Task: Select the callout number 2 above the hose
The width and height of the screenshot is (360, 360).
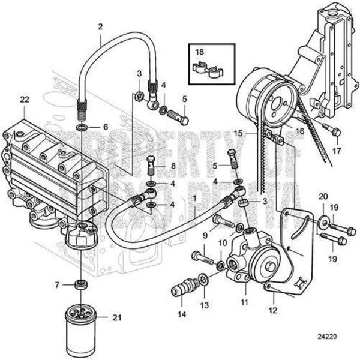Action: [x=100, y=26]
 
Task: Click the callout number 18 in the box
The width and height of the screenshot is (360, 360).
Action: [x=200, y=52]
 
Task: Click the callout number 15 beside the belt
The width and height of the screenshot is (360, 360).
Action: [x=238, y=133]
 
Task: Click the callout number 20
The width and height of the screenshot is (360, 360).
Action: [x=322, y=197]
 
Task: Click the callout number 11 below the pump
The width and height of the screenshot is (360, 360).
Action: [x=244, y=302]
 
